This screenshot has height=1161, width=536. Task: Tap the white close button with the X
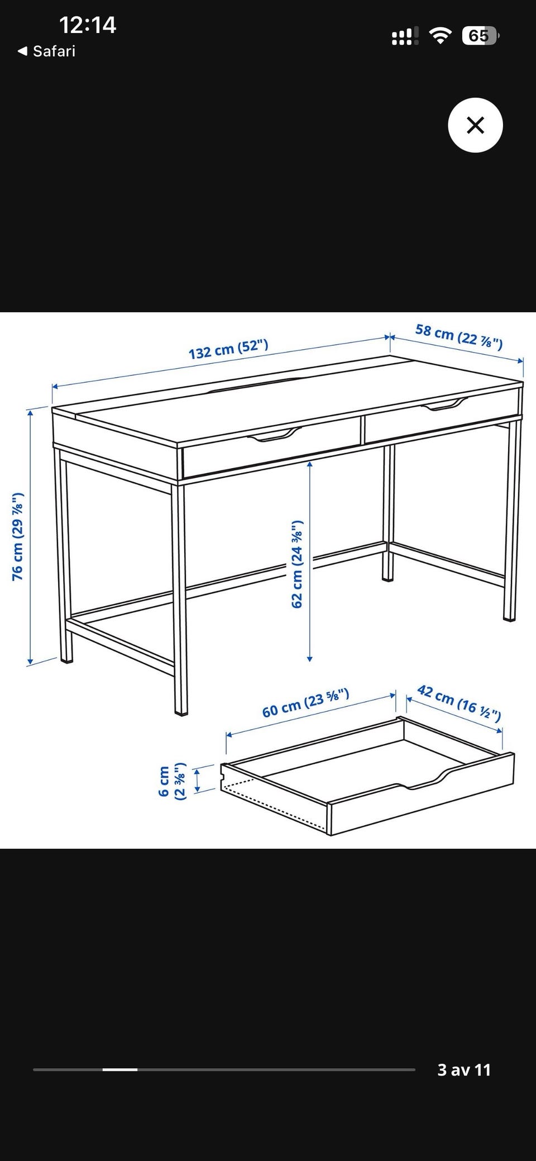475,125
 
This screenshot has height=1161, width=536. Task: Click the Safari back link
46,51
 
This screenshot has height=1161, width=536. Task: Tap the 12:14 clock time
88,25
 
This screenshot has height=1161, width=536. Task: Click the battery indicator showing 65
480,36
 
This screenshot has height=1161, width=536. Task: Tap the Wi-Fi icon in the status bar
441,36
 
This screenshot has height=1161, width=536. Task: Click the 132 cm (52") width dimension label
228,349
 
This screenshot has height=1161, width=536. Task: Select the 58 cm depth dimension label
459,336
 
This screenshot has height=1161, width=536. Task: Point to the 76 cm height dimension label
18,536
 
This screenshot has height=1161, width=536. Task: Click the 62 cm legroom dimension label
296,564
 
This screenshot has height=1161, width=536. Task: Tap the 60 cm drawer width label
306,703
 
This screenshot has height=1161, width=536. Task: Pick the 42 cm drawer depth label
459,703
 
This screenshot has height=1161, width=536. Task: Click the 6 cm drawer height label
172,781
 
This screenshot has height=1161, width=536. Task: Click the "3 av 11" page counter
464,1069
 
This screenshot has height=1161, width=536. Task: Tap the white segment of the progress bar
120,1069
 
